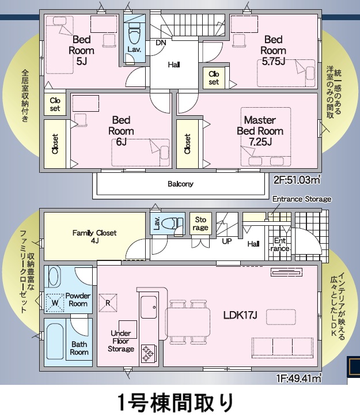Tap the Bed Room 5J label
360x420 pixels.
[x=82, y=50]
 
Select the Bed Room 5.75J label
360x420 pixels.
[x=273, y=50]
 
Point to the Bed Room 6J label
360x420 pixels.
[x=121, y=131]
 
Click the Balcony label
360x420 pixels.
[x=181, y=184]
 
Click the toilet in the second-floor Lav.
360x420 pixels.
[x=135, y=34]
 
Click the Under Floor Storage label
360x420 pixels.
[x=121, y=341]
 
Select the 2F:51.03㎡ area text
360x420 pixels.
[x=297, y=180]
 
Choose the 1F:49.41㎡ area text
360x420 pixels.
[x=298, y=379]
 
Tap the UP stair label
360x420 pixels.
[x=227, y=241]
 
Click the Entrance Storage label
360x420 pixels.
[x=302, y=199]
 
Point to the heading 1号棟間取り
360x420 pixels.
[x=176, y=403]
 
